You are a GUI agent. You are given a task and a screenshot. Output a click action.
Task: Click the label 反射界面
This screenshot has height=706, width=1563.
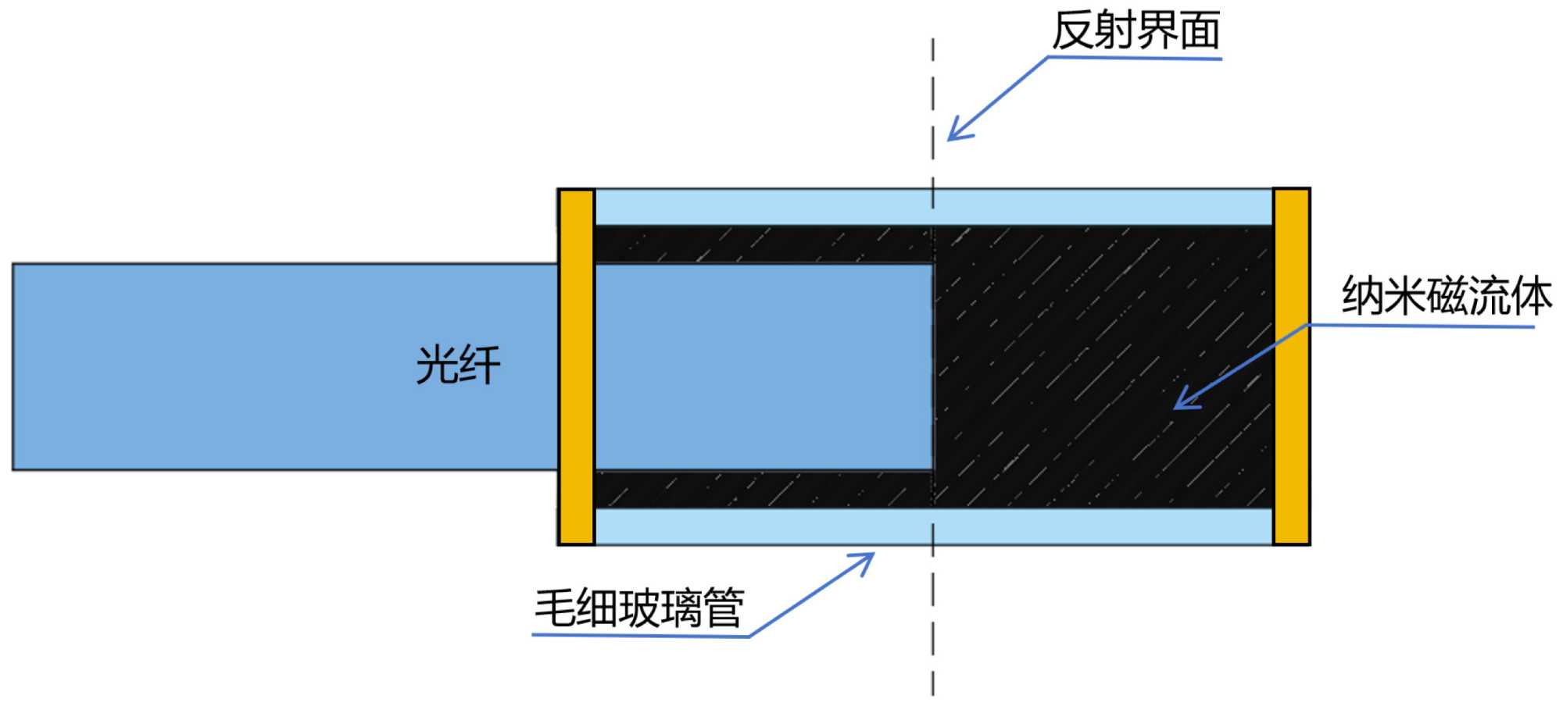(1136, 31)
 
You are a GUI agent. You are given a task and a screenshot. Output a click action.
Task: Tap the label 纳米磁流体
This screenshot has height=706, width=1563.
(1446, 296)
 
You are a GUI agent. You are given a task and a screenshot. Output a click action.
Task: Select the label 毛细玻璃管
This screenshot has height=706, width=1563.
(638, 608)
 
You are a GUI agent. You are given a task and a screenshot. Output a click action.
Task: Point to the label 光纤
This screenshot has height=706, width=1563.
(458, 365)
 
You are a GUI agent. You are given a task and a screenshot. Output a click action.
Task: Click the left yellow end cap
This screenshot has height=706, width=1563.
(577, 366)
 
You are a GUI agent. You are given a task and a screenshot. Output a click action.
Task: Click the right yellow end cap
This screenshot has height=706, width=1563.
(1291, 366)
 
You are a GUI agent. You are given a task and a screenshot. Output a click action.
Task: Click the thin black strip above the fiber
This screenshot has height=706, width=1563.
(763, 244)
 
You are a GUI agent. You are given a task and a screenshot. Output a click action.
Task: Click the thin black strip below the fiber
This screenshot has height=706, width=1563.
(763, 490)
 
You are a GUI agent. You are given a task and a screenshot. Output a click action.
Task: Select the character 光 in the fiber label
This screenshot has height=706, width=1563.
(436, 365)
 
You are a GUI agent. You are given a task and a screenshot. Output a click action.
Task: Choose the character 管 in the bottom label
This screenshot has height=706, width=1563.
(723, 608)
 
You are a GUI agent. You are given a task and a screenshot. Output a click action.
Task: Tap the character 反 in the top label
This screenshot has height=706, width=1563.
(1073, 31)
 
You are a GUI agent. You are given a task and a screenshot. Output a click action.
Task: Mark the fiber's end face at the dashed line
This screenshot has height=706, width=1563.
(932, 366)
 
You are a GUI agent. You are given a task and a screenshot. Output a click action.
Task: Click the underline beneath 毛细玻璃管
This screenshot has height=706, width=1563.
(641, 636)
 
